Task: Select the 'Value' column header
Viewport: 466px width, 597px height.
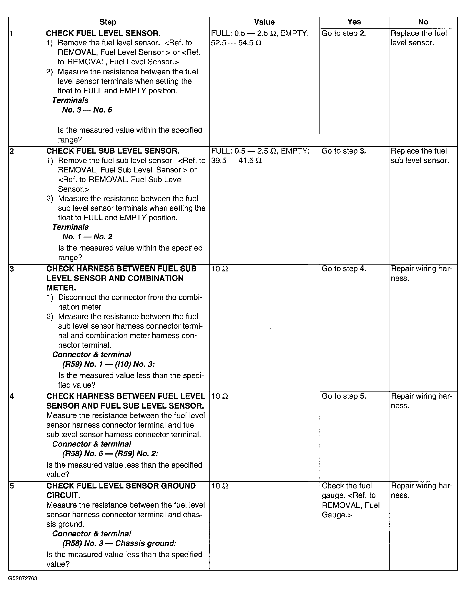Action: [264, 22]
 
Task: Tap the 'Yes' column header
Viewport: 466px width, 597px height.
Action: [354, 22]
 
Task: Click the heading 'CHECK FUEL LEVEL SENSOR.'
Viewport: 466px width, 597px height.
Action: [103, 33]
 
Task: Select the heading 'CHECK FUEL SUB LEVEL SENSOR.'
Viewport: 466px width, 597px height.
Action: [113, 151]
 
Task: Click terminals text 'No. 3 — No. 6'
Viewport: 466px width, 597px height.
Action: [87, 110]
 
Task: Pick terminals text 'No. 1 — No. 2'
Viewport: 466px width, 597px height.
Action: [87, 237]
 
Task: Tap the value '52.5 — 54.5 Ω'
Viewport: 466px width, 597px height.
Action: [236, 43]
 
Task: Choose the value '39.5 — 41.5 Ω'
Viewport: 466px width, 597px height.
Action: [236, 160]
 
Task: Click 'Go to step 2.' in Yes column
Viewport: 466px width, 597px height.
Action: [344, 33]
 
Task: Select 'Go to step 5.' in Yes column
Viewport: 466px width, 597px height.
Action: [344, 396]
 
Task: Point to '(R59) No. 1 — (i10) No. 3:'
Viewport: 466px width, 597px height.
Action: [108, 364]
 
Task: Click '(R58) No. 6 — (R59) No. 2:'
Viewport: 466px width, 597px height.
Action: [110, 454]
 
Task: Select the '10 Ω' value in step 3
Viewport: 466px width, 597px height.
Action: [220, 269]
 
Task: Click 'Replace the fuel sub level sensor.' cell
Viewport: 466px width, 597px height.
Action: [420, 156]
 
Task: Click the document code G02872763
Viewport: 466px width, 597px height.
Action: [23, 578]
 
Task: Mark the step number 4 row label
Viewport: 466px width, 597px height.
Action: [12, 396]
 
